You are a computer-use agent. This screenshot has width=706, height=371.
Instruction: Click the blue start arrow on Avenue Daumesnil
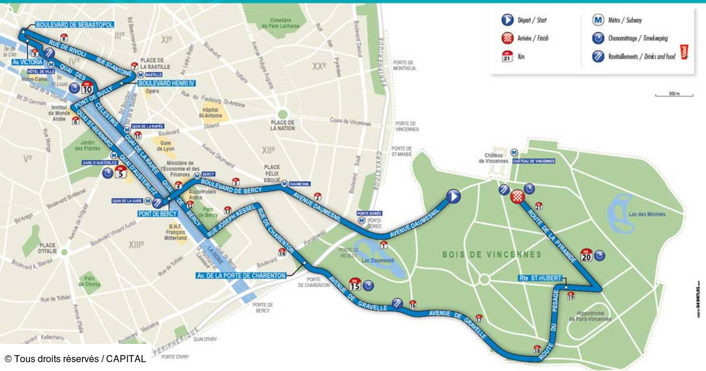453,197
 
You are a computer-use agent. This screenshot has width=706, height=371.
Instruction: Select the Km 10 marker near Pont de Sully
87,89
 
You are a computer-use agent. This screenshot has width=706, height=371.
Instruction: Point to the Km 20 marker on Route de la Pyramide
586,254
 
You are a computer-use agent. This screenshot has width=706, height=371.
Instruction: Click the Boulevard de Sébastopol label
74,25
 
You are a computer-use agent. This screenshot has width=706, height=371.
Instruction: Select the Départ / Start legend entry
527,19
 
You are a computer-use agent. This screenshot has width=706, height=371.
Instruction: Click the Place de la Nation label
283,125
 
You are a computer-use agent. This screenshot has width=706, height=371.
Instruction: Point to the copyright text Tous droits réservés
75,359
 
